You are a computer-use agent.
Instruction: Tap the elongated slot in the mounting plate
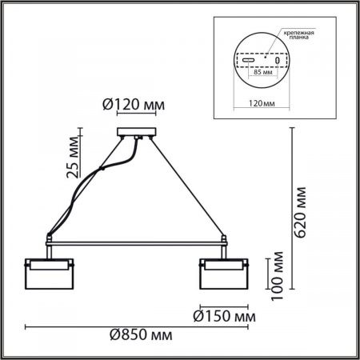tap(249, 60)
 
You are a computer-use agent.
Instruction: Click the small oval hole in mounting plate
tap(278, 61)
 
